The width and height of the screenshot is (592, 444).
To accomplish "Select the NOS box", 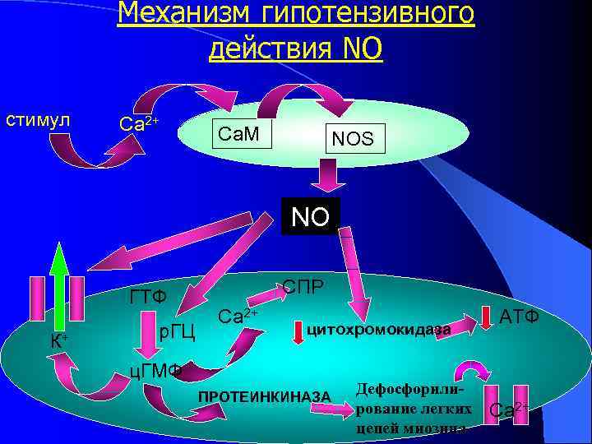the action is (x=353, y=140).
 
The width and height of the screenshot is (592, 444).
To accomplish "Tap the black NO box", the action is (x=309, y=217).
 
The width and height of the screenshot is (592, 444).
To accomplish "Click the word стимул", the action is (x=37, y=120).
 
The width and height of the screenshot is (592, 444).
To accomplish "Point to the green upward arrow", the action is (x=58, y=288).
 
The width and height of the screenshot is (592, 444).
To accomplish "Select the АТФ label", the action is (x=519, y=315).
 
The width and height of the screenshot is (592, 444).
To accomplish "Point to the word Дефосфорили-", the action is (x=413, y=389).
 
